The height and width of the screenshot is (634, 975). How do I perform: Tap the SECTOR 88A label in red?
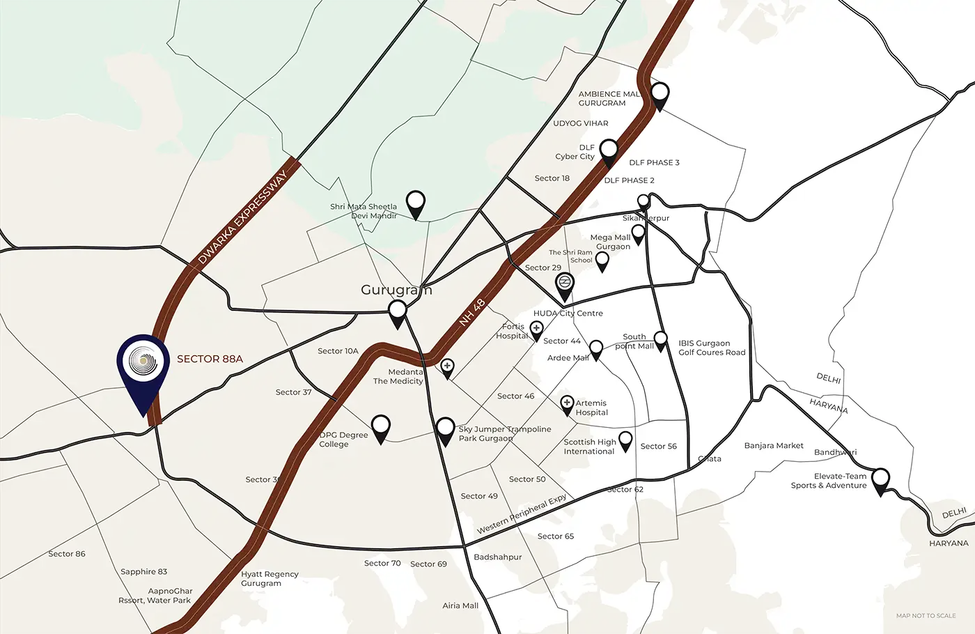[210, 359]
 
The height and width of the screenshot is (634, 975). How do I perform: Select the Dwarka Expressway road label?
[242, 217]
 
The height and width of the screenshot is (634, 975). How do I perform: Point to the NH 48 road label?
[472, 313]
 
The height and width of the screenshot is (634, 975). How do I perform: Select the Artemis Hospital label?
[591, 408]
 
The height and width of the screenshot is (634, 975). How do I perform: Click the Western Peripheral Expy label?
[522, 515]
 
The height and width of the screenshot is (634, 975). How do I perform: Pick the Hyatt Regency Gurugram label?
[270, 578]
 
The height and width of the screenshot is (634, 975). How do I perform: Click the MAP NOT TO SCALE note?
[926, 615]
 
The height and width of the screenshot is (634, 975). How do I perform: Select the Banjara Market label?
[774, 445]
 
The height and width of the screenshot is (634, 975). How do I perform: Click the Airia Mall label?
[460, 605]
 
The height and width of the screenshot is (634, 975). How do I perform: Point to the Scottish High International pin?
[625, 440]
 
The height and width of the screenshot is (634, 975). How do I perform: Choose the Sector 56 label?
[658, 446]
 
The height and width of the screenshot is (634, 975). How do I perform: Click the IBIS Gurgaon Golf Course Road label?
[711, 348]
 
